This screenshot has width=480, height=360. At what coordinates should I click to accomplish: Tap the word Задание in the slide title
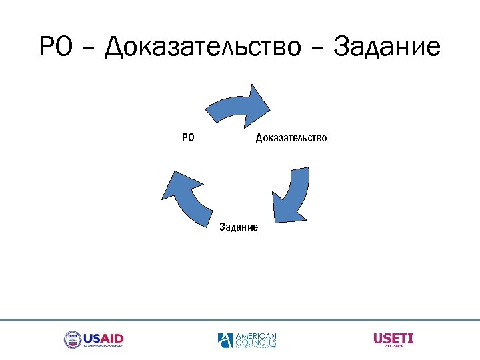coord(387,48)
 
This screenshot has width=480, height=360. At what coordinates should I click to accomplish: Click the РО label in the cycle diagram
coord(188,138)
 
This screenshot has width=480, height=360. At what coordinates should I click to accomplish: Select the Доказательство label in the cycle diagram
coord(291,138)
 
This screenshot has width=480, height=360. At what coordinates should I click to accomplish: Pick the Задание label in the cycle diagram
coord(239,227)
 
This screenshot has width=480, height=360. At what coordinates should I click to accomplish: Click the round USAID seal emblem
coord(72,340)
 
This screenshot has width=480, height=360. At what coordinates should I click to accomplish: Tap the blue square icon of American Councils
coord(225,340)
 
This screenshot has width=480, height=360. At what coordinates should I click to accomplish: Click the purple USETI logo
coord(393,339)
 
